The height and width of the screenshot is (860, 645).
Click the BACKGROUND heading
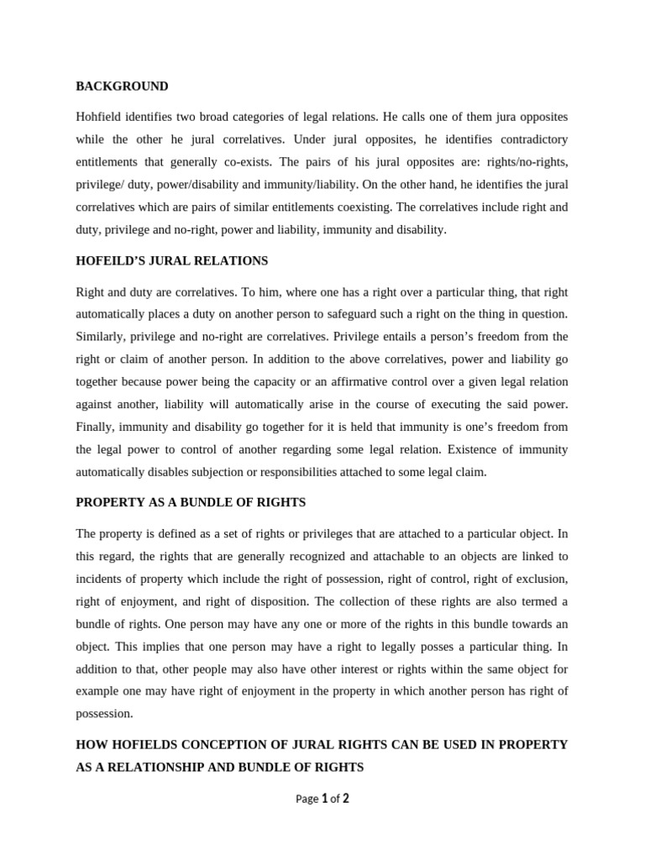(122, 86)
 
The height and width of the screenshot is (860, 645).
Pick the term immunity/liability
(316, 184)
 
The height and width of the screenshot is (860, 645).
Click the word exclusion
(539, 579)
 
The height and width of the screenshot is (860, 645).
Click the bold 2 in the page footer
(345, 799)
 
